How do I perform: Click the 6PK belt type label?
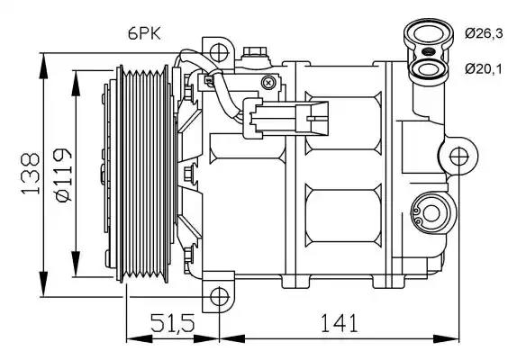tap(144, 33)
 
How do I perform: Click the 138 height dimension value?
tap(31, 174)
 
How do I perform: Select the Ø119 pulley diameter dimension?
tap(64, 175)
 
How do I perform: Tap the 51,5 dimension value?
tap(172, 322)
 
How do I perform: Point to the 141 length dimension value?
tap(340, 322)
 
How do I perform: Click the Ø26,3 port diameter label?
tap(484, 33)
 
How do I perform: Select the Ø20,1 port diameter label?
tap(484, 69)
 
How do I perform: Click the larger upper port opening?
tap(429, 34)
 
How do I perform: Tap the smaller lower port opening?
tap(428, 69)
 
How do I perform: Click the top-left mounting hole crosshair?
tap(219, 52)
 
